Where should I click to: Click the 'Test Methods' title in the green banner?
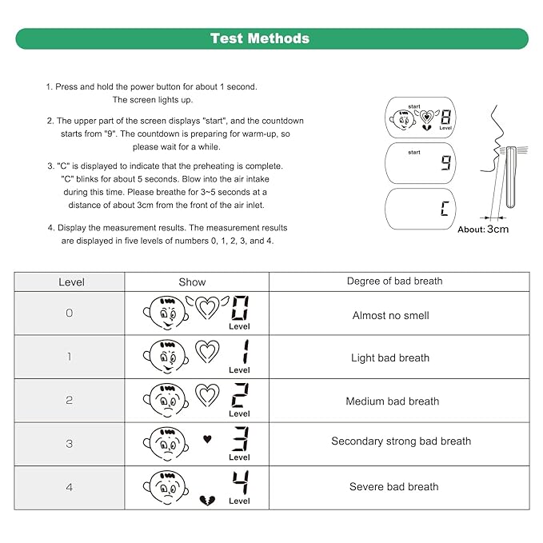[x=259, y=38]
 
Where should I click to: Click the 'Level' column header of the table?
[x=72, y=282]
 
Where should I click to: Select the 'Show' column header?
[x=192, y=282]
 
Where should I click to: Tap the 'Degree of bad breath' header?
[x=394, y=281]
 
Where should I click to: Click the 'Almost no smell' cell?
[x=390, y=316]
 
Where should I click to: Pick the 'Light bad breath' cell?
[x=390, y=358]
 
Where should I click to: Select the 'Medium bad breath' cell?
[x=392, y=401]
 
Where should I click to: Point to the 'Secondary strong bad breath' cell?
[x=401, y=441]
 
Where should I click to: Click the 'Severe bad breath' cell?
[x=393, y=486]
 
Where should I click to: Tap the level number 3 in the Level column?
[x=70, y=444]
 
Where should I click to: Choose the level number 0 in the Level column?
[x=70, y=313]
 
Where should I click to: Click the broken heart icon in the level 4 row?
[x=206, y=499]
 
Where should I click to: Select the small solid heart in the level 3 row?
[x=206, y=439]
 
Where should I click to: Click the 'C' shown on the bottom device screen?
[x=445, y=210]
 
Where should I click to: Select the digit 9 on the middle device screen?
[x=445, y=164]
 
